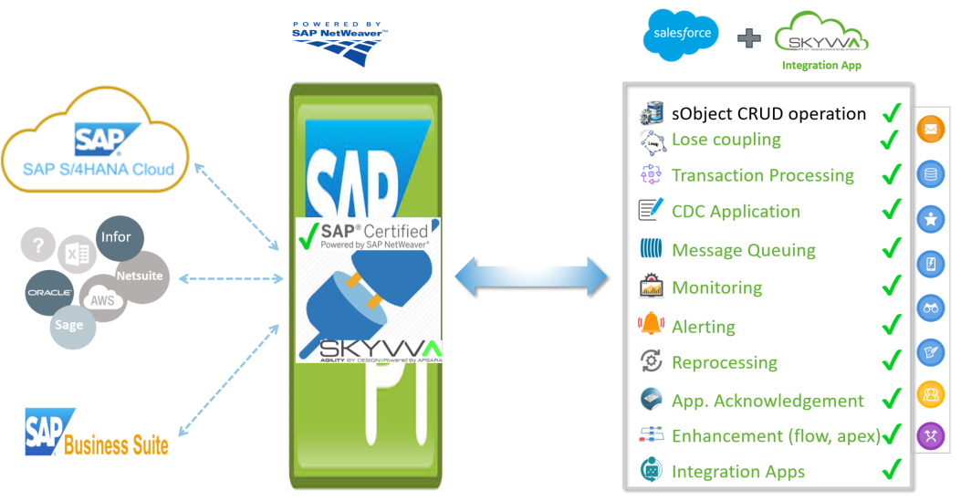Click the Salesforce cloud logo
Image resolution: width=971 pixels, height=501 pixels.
coord(680,36)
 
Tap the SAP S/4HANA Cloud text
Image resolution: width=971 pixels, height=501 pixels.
coord(99,169)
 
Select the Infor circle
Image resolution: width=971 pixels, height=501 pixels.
coord(117,237)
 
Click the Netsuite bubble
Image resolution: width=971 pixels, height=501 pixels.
coord(140,277)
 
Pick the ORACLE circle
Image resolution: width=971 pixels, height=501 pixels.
coord(49,293)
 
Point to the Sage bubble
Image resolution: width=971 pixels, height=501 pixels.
coord(69,325)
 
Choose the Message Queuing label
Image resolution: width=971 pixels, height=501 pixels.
coord(743,250)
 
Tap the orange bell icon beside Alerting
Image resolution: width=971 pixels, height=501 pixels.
coord(651,324)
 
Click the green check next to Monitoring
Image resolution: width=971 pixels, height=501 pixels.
coord(891,287)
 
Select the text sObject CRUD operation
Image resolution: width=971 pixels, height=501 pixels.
coord(768,114)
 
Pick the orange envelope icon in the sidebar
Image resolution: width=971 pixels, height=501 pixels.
coord(930,130)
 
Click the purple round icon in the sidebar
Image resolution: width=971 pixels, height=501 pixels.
coord(930,436)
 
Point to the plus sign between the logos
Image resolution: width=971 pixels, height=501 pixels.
coord(748,38)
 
